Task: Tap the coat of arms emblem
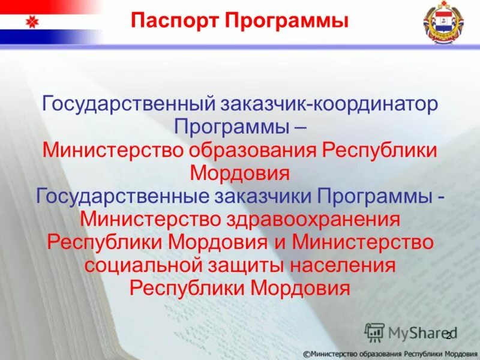[442, 24]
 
